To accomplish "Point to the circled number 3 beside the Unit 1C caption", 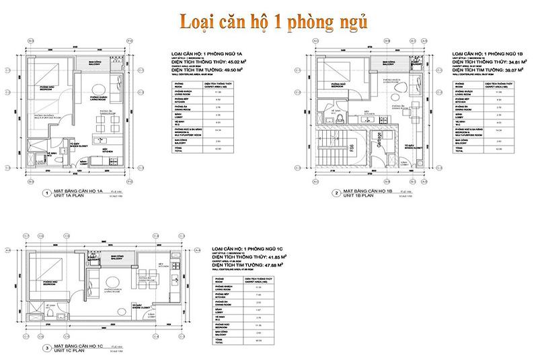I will pos(45,348).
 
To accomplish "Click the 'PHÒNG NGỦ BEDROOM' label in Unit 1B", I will pos(334,86).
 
